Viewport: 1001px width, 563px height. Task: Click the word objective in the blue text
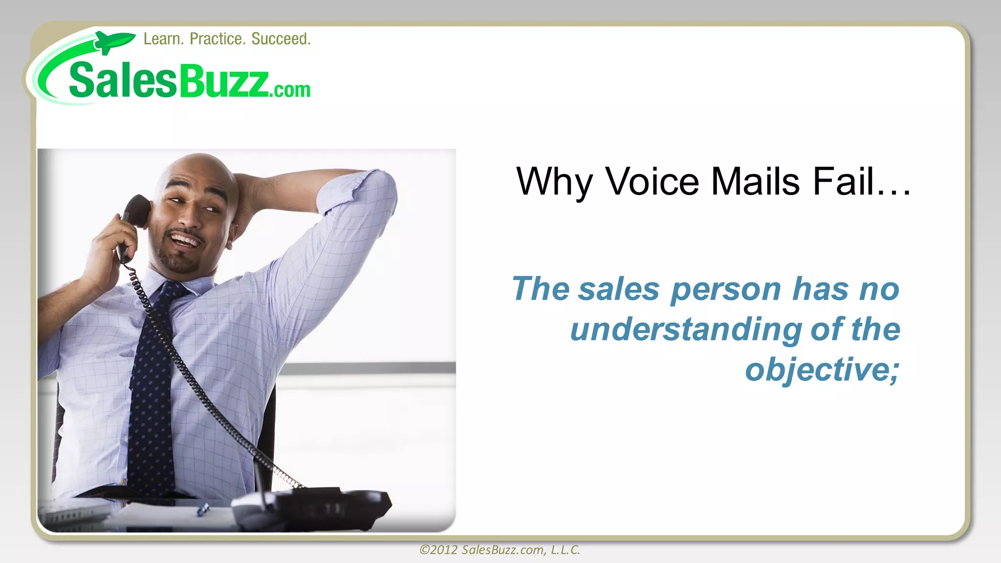pos(817,369)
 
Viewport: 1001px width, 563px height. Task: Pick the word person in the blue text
pos(726,290)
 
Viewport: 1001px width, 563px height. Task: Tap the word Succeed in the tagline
pos(281,39)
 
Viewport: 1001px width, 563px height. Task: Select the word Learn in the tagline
pos(163,39)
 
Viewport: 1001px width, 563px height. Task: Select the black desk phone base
pos(313,508)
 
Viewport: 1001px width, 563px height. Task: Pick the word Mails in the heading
pos(756,182)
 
